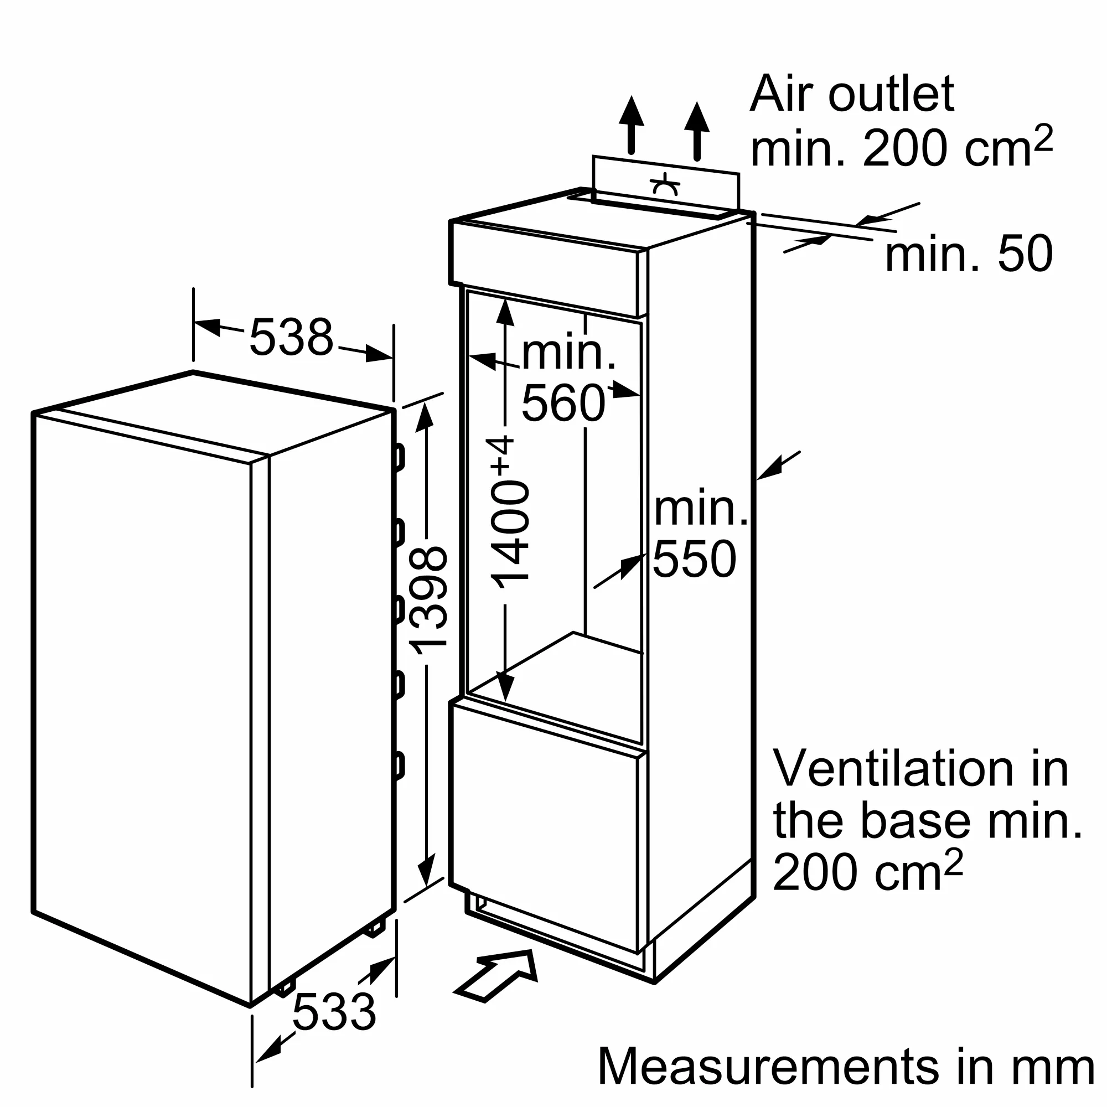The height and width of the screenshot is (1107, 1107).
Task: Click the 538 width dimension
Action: (291, 338)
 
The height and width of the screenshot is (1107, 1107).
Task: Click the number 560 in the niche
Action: (563, 404)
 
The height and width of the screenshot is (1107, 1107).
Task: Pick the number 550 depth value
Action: (695, 559)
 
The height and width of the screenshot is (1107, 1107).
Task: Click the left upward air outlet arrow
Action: (632, 123)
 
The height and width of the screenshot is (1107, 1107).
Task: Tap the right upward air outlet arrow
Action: (697, 130)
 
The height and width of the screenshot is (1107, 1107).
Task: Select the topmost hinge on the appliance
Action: (398, 457)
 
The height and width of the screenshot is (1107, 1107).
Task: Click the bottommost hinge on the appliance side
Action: (398, 767)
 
